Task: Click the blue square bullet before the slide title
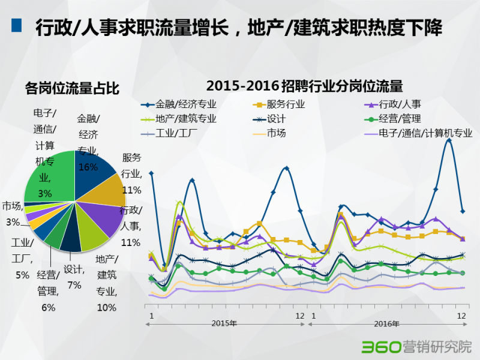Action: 16,26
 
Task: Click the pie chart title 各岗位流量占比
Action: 72,89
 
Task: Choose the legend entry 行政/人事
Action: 400,104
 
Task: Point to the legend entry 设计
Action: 276,118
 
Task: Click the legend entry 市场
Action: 276,133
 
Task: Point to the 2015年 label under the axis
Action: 224,323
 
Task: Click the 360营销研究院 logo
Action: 416,347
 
